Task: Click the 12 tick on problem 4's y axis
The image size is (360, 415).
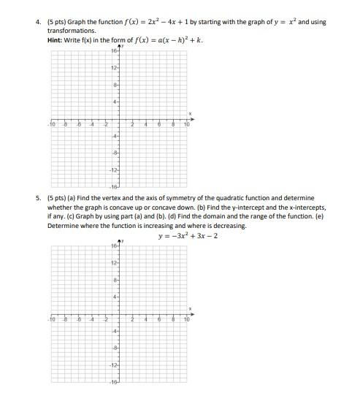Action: click(114, 68)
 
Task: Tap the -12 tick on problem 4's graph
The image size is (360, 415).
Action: click(114, 170)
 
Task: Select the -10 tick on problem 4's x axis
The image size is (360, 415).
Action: click(51, 125)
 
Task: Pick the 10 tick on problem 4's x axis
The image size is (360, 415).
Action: click(186, 125)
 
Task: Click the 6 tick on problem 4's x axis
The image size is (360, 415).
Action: click(159, 125)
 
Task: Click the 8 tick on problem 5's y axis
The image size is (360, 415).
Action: click(115, 280)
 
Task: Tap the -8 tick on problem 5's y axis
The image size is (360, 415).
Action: click(115, 349)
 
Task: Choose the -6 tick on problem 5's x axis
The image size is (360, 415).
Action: click(79, 320)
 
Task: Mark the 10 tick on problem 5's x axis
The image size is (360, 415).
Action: click(186, 320)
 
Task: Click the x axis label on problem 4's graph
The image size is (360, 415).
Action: click(190, 113)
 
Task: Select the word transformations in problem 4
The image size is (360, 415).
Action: click(72, 31)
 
